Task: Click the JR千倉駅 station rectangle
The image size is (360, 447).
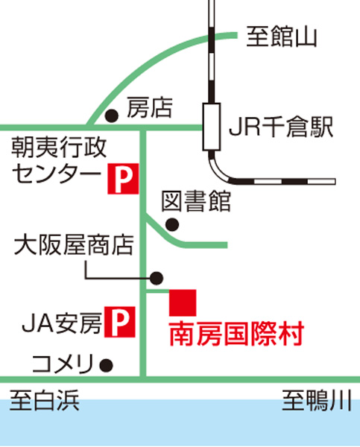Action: [212, 127]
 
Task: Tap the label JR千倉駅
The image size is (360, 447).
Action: [281, 127]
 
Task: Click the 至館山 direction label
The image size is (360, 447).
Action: [282, 37]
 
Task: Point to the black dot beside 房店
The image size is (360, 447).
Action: [112, 116]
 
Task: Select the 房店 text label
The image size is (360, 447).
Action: [150, 107]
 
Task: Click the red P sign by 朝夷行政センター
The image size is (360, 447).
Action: [123, 179]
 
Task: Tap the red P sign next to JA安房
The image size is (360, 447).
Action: [120, 322]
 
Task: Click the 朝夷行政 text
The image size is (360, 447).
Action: [59, 148]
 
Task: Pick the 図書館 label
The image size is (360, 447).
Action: [196, 201]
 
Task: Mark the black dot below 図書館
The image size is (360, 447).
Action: [172, 225]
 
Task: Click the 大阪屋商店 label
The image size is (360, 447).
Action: [74, 245]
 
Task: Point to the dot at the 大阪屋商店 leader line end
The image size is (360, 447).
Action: [157, 278]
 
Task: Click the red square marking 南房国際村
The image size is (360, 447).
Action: [183, 302]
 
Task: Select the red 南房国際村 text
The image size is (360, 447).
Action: [236, 334]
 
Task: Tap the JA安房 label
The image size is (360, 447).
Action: [62, 323]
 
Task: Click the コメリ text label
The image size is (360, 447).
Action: [63, 364]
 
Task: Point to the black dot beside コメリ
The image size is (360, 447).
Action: [106, 365]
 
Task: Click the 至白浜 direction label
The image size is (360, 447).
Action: [45, 401]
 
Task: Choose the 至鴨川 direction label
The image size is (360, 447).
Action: [317, 401]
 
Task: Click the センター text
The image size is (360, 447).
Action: [57, 173]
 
